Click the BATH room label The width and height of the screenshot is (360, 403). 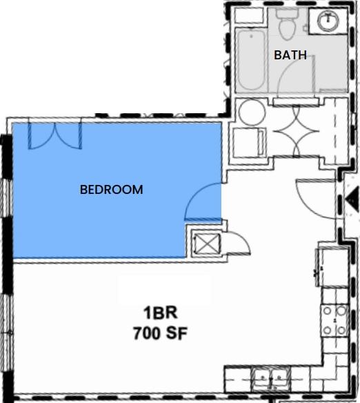click(x=290, y=55)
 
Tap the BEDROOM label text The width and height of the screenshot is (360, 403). click(x=112, y=189)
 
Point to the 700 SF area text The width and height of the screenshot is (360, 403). click(x=161, y=334)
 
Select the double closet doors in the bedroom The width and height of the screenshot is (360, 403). click(x=54, y=135)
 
